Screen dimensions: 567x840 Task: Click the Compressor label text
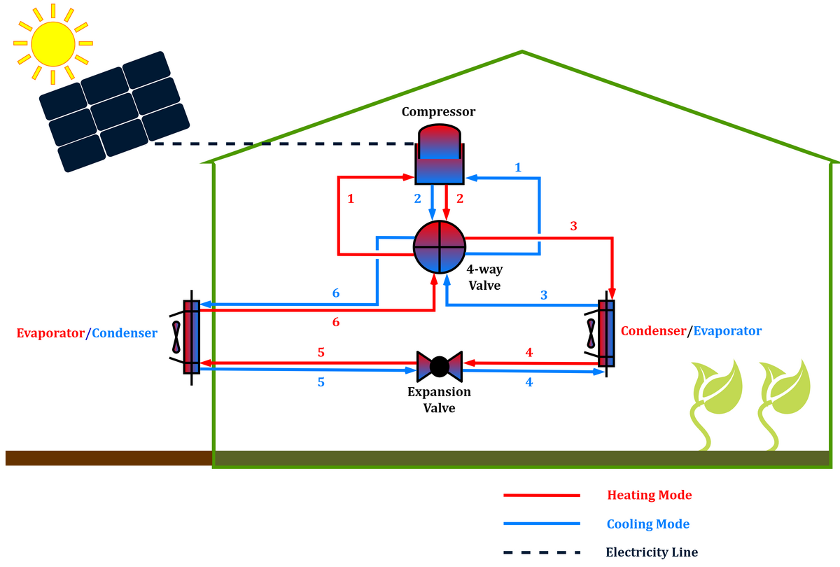point(438,112)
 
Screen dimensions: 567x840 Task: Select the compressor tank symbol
point(439,155)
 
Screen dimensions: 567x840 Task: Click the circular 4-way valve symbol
point(440,247)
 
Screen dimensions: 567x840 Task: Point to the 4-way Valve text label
point(484,277)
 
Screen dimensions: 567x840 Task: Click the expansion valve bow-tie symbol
point(439,366)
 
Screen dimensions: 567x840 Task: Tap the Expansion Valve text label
point(439,400)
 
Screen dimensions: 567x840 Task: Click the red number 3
point(574,226)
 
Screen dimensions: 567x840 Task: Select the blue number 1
point(518,167)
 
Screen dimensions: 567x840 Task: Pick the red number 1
point(351,199)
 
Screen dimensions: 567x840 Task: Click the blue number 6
point(336,293)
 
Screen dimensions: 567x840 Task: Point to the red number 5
point(321,352)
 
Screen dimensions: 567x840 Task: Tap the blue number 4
point(528,383)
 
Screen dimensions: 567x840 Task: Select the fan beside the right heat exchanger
point(591,333)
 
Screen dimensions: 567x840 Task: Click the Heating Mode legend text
point(649,495)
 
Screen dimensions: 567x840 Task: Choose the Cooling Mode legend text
point(647,524)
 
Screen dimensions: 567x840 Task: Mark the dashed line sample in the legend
point(542,552)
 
